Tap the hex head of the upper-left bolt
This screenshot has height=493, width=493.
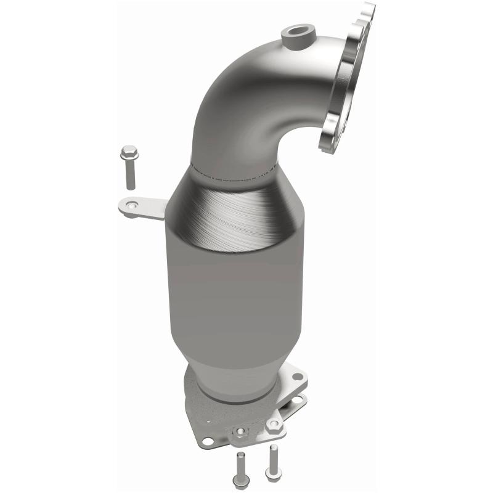(x=129, y=151)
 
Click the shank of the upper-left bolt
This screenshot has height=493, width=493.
(x=130, y=176)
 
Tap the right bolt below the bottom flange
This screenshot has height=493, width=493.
(x=272, y=462)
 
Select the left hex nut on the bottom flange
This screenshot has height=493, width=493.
(x=241, y=431)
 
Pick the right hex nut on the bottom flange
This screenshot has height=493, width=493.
(x=273, y=423)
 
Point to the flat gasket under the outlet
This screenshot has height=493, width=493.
(x=203, y=419)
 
